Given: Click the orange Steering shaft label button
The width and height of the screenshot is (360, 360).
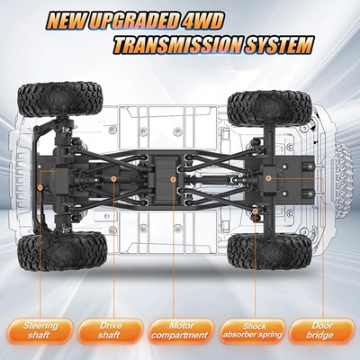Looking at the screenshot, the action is [40, 331].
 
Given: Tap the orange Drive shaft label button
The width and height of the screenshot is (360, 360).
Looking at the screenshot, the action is [111, 331].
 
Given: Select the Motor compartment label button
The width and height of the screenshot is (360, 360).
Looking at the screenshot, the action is [181, 331].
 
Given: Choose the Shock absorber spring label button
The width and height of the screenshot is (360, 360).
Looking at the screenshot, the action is [253, 331].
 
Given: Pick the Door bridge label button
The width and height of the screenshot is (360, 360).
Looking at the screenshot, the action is [321, 331].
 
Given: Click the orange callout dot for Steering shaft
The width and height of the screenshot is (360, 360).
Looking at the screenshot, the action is [40, 187].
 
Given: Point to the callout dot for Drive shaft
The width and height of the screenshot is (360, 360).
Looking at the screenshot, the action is [113, 179].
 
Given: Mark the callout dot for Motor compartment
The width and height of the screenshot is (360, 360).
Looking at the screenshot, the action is [173, 179].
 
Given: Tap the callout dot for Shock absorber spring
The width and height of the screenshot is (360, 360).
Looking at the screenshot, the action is [256, 211].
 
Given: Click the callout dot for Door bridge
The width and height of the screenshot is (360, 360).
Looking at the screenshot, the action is [268, 178].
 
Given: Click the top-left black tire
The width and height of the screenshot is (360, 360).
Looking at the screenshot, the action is [60, 99].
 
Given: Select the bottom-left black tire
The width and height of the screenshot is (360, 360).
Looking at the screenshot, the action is [62, 252].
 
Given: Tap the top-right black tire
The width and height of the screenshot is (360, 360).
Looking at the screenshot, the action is [270, 108].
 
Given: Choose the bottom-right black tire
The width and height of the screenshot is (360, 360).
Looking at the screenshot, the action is [269, 252].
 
